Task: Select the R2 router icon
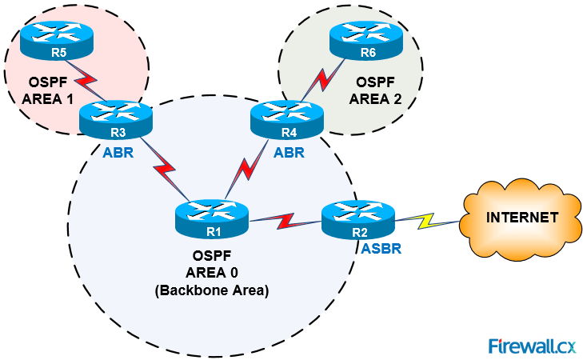(x=357, y=218)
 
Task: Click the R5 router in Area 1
(x=57, y=42)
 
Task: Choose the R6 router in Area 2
(x=367, y=42)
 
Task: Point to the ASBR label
(x=381, y=249)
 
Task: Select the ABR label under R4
(x=289, y=153)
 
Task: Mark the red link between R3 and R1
(x=165, y=170)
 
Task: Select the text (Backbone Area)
(x=212, y=292)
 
